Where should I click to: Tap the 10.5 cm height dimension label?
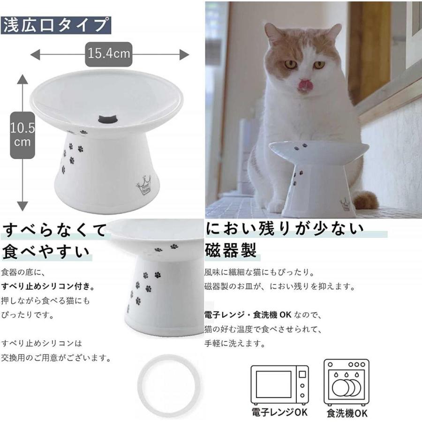click(22, 134)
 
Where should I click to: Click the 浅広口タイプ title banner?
click(56, 25)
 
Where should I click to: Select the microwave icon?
click(280, 384)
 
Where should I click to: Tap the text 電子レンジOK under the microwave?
click(280, 413)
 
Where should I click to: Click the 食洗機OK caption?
click(347, 413)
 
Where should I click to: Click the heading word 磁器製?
click(231, 251)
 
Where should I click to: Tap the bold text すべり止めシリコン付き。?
click(48, 286)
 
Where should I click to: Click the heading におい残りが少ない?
click(285, 230)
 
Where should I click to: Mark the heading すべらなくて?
click(54, 230)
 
